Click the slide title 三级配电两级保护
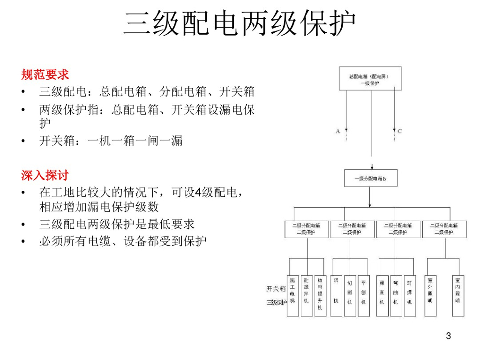[240, 23]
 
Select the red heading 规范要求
[45, 75]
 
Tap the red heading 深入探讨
[45, 175]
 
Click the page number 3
[448, 336]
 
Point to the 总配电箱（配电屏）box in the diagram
[370, 78]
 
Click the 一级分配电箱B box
[370, 179]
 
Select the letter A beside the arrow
[337, 131]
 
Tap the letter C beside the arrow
[399, 131]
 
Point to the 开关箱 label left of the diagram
[276, 288]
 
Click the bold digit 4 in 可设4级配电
[198, 192]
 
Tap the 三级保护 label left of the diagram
[276, 302]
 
